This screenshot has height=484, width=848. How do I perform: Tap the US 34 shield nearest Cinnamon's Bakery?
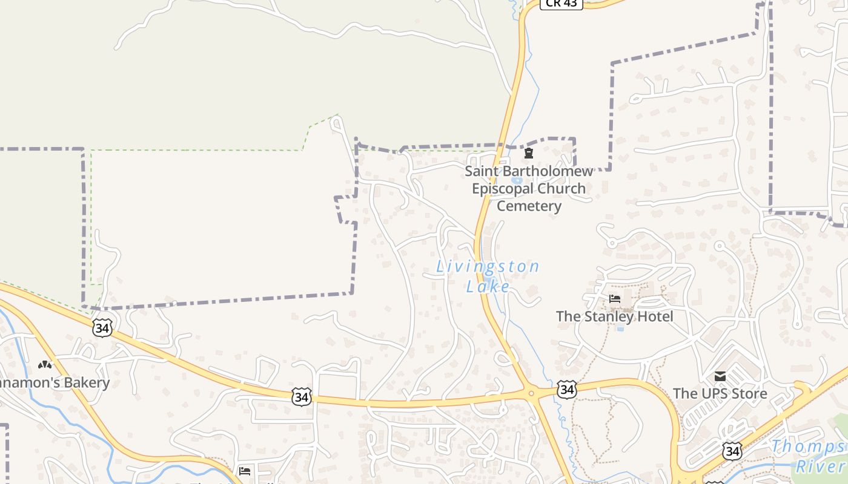click(x=103, y=328)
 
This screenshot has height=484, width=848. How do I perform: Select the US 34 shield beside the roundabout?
click(x=566, y=389)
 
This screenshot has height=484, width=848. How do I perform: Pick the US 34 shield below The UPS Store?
click(x=732, y=450)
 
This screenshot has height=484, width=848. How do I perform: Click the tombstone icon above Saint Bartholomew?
click(x=529, y=153)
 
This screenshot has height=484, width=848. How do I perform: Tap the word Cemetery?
click(x=529, y=206)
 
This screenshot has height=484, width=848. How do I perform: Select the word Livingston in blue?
click(x=488, y=266)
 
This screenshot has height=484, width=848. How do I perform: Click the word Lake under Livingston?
click(x=488, y=286)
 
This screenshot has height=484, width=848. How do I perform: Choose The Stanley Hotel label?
click(x=614, y=316)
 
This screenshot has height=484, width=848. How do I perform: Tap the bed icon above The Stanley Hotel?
click(x=615, y=299)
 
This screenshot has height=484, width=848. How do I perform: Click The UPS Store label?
click(x=720, y=394)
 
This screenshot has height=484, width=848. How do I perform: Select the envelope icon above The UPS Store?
click(x=720, y=376)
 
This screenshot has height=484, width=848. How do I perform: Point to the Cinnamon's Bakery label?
click(x=55, y=383)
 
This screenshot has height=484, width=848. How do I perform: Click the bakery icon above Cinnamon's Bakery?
click(x=44, y=365)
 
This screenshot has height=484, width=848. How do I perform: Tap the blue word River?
click(x=821, y=466)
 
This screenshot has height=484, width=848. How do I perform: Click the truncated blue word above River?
click(x=809, y=447)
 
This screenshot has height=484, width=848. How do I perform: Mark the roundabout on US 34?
click(x=531, y=394)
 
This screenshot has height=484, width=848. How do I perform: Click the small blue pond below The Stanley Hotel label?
click(x=620, y=329)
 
